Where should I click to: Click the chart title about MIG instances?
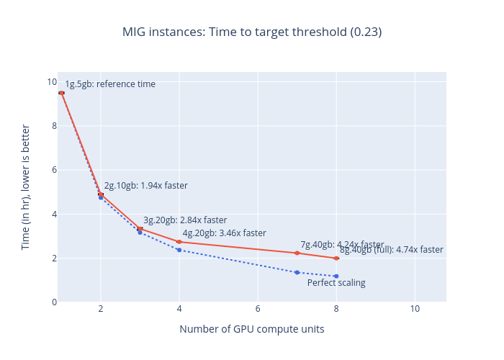tap(251, 32)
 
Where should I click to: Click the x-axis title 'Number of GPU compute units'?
tap(251, 329)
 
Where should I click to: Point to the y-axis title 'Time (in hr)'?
tap(26, 186)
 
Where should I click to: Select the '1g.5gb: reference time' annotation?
tap(110, 84)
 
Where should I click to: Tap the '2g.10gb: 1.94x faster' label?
tap(145, 186)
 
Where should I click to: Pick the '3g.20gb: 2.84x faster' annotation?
tap(185, 220)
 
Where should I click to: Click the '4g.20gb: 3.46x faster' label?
tap(224, 233)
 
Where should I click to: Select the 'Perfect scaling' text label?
tap(336, 283)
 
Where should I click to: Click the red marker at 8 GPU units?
tap(336, 258)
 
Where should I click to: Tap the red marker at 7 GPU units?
tap(297, 253)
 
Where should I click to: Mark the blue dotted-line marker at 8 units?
tap(336, 276)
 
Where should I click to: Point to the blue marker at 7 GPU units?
tap(297, 272)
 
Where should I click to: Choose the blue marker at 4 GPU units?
tap(179, 250)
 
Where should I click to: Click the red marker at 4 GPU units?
tap(179, 242)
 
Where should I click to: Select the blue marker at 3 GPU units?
tap(140, 233)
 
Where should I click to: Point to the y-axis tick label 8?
tap(53, 126)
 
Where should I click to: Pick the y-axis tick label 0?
tap(53, 302)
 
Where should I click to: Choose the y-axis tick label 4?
tap(53, 215)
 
